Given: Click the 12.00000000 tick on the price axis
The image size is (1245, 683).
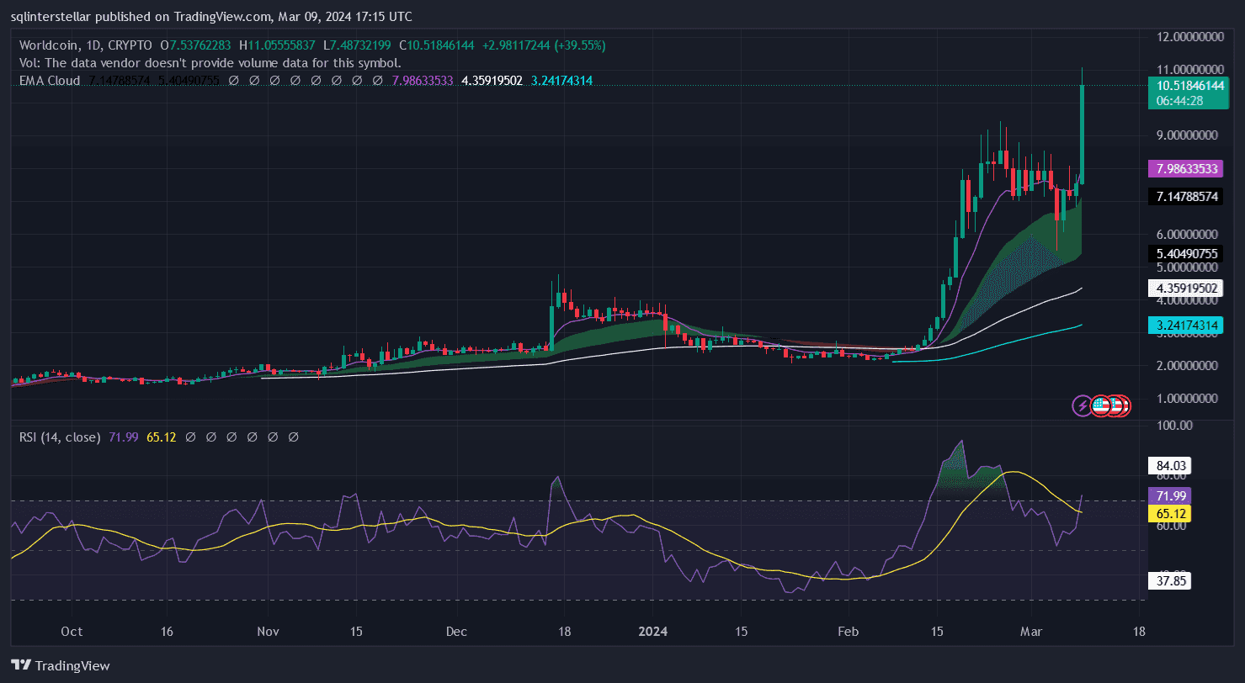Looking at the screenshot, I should coord(1186,36).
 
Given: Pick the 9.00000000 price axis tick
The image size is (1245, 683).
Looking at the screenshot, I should coord(1186,135).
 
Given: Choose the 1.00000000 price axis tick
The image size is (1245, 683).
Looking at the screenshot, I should coord(1186,399).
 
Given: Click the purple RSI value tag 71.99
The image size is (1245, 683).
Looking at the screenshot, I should coord(1168,496).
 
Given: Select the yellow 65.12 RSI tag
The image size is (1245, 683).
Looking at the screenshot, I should coord(1168,513).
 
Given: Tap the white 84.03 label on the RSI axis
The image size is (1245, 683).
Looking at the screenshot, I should coord(1168,465).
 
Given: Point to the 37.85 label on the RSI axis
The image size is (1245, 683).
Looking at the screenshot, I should coord(1168,580).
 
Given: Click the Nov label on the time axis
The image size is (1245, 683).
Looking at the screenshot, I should coord(268,631).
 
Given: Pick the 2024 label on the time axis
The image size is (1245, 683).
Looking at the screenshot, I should coord(652,631).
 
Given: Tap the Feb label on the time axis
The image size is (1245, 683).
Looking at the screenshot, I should coord(849,631).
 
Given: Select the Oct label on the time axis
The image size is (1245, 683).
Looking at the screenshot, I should coord(72,631).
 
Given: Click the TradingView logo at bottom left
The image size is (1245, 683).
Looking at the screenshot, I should coord(61,665).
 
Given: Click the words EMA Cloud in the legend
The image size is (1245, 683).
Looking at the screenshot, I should coord(50,81).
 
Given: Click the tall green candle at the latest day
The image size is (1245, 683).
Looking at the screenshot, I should coord(1082,135).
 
